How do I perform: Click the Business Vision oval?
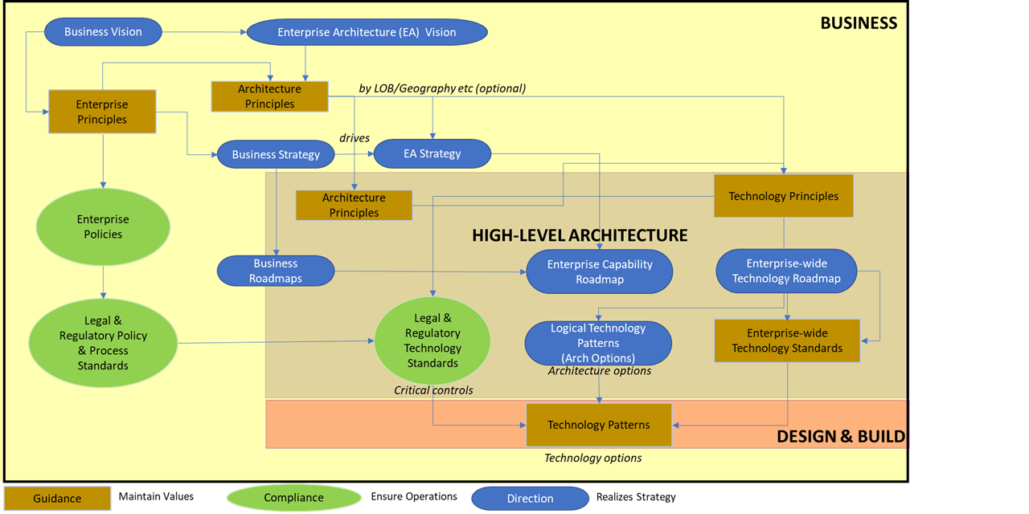tap(103, 32)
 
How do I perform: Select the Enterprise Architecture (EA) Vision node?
tap(367, 32)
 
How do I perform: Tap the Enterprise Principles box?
tap(101, 112)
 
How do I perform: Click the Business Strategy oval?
tap(276, 154)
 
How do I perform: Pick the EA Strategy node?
tap(432, 153)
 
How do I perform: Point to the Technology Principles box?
tap(783, 196)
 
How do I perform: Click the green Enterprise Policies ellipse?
tap(103, 226)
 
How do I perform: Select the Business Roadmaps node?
tap(276, 271)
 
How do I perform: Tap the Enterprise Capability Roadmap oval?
tap(599, 271)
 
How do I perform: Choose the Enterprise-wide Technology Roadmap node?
tap(786, 271)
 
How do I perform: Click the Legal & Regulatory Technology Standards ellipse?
tap(433, 341)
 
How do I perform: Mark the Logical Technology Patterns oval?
tap(597, 343)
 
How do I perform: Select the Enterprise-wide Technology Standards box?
tap(786, 341)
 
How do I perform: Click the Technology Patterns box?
tap(598, 425)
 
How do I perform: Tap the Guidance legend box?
tap(56, 498)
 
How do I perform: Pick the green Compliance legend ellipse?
tap(293, 498)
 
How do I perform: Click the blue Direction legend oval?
tap(530, 498)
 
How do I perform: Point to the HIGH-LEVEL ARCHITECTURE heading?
tap(580, 235)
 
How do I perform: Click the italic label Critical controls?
tap(433, 390)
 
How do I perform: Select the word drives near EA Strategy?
tap(354, 138)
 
